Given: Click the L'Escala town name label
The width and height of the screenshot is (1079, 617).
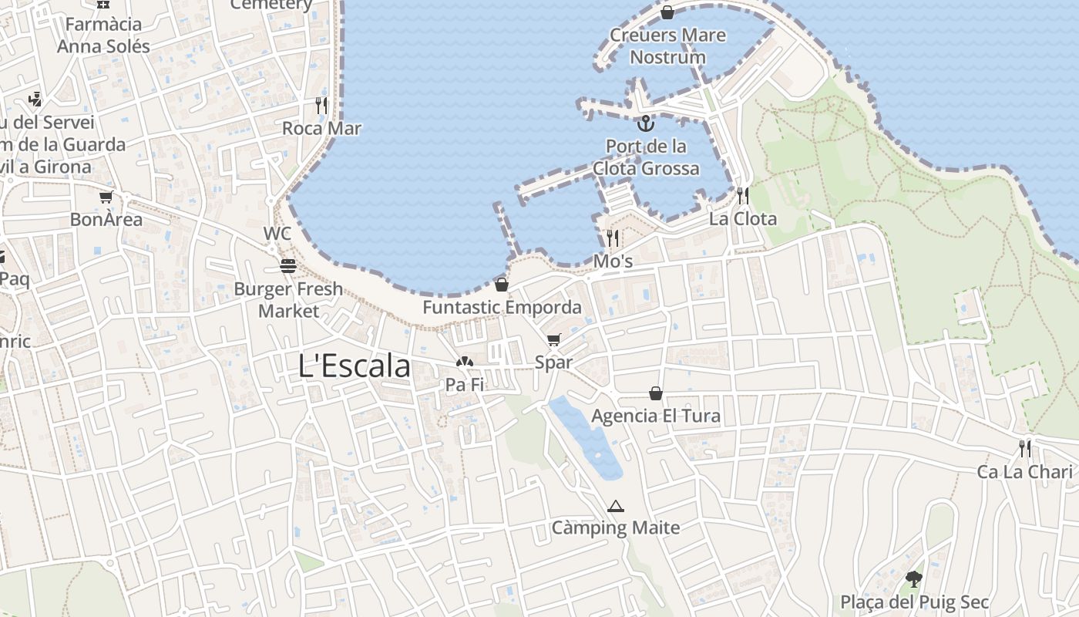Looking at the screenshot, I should pos(354,366).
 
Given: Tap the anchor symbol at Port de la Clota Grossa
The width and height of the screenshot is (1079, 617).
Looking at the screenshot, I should pos(646,123).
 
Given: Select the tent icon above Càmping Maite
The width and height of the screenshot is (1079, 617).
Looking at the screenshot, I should pos(615,507).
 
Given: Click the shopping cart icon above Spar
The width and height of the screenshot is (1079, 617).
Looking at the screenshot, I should pos(554,340).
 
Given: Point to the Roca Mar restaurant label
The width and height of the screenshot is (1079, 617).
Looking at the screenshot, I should pos(321,128).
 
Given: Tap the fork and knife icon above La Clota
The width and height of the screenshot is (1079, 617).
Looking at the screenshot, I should pos(742,196).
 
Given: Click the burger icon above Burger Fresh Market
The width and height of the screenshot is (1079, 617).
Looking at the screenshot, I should pos(288,267).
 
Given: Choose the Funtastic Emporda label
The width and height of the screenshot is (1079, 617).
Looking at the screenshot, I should pos(502,307).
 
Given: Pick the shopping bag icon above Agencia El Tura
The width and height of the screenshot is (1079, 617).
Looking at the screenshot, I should pos(656,394).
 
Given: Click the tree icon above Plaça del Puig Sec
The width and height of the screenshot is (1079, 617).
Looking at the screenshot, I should pos(914,578).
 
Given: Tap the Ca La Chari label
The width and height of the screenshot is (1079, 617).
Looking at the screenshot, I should pos(1025,471).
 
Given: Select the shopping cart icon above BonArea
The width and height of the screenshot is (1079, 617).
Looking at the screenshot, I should pos(106,197).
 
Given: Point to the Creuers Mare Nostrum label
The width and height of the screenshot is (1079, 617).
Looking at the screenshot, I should pos(667,46).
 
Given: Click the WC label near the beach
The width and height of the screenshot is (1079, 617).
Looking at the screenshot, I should pos(277,234).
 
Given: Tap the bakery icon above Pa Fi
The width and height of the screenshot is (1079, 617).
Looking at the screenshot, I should pos(464,362).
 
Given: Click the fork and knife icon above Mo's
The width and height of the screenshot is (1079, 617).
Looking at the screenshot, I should pos(613,238).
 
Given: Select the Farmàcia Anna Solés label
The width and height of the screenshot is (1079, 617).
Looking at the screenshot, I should pos(103,35).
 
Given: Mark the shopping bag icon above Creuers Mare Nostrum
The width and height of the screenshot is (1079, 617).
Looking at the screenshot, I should pos(667,12).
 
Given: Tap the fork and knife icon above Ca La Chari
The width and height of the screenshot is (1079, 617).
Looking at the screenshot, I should pos(1025,449).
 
